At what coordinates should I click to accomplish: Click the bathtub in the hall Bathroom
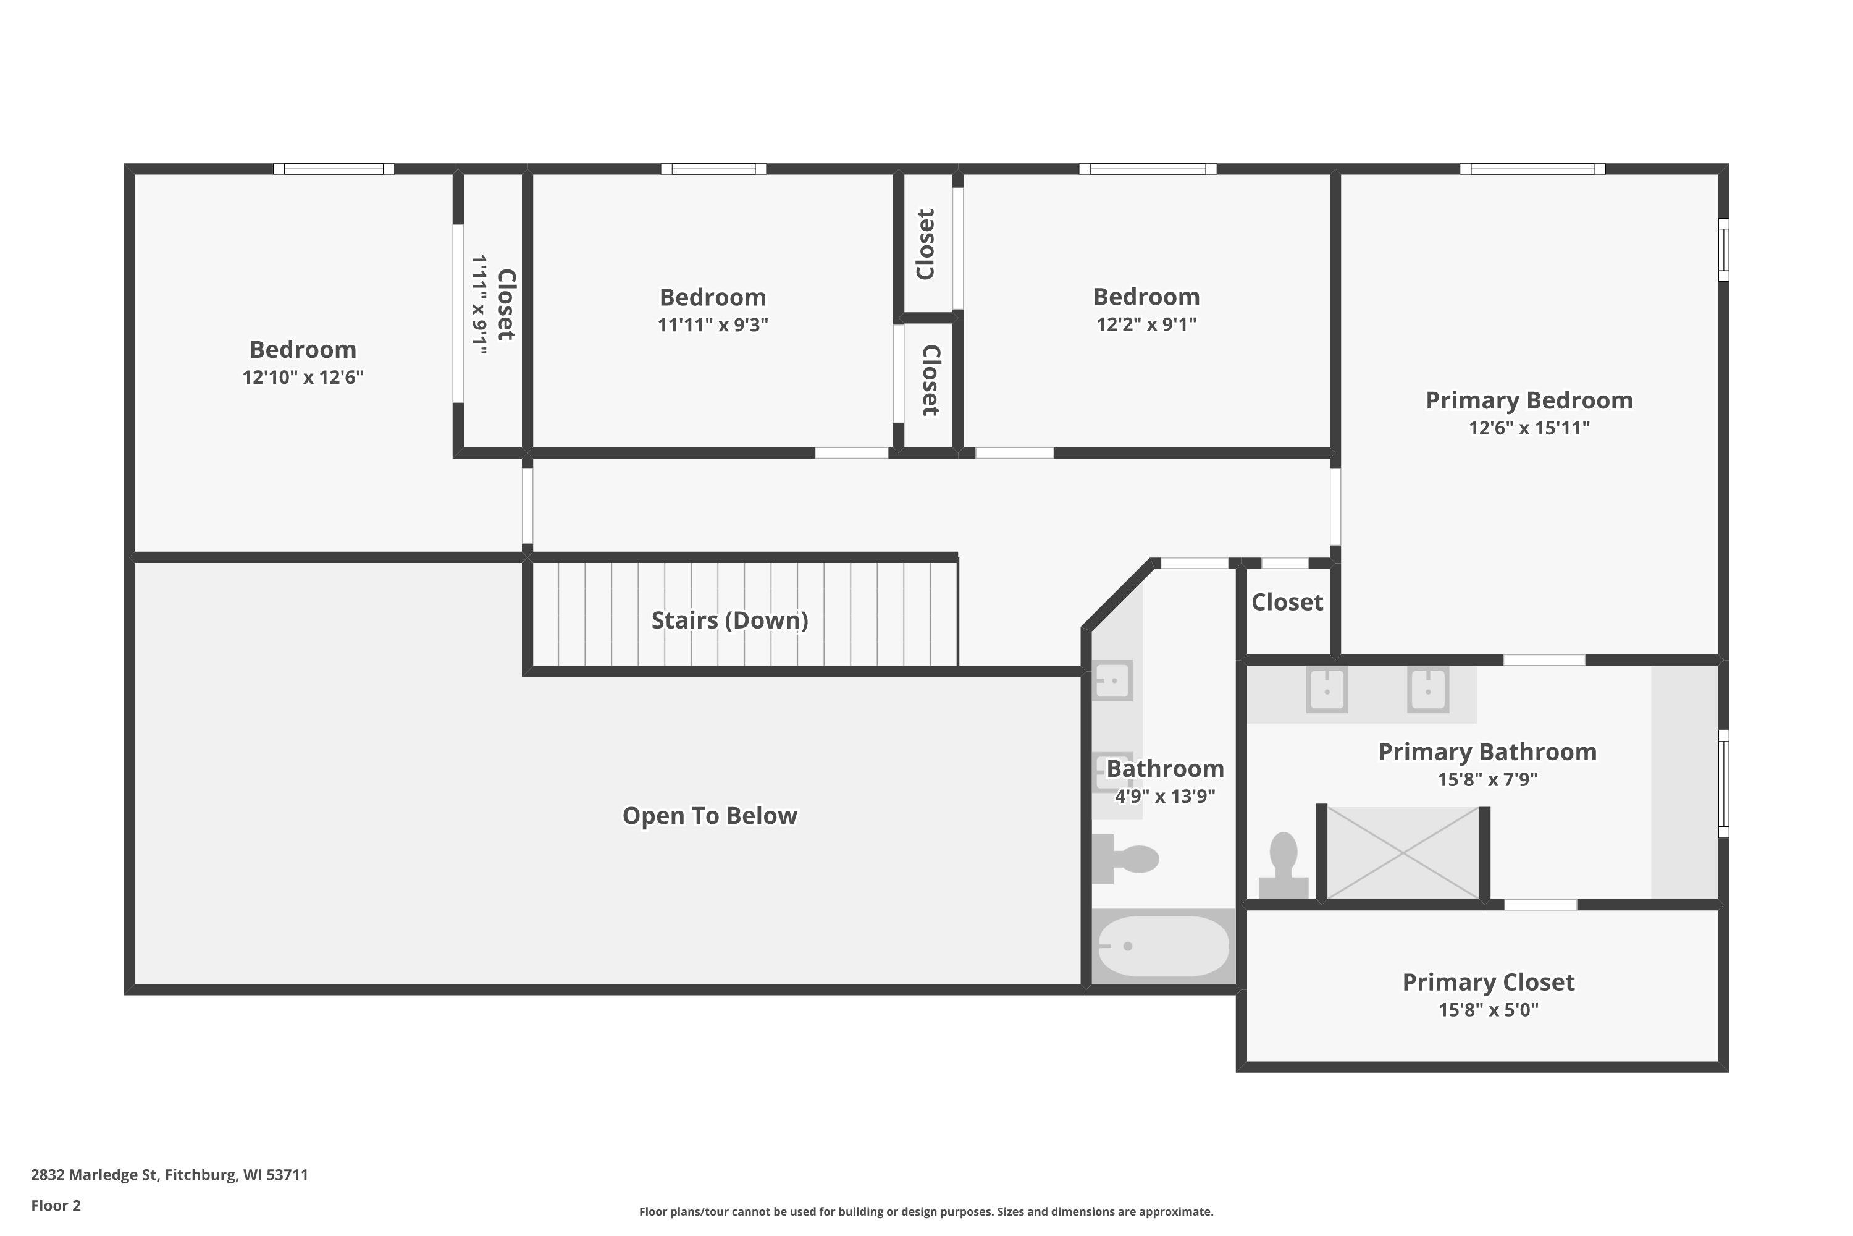tap(1163, 946)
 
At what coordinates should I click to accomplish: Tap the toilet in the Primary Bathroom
tap(1284, 866)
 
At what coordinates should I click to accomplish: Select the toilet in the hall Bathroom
tap(1125, 858)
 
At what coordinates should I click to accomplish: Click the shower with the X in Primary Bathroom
tap(1403, 853)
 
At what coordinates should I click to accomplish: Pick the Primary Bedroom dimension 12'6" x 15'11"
tap(1529, 428)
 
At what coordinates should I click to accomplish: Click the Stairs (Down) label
tap(729, 620)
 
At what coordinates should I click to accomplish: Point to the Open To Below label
tap(710, 815)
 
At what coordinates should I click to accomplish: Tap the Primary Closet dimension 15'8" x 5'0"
tap(1488, 1010)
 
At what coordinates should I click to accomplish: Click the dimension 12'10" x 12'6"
tap(303, 377)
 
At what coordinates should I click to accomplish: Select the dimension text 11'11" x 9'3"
tap(713, 325)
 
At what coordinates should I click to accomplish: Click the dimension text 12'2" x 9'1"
tap(1146, 324)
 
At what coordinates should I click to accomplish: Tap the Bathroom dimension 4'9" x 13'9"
tap(1164, 796)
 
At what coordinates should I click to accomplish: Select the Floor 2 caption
tap(56, 1205)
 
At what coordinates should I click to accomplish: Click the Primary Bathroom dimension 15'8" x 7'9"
tap(1487, 779)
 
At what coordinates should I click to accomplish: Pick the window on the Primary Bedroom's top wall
tap(1532, 169)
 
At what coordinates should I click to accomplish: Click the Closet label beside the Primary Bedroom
tap(1287, 602)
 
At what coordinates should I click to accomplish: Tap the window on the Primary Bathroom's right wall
tap(1724, 784)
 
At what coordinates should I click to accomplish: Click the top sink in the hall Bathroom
tap(1112, 681)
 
